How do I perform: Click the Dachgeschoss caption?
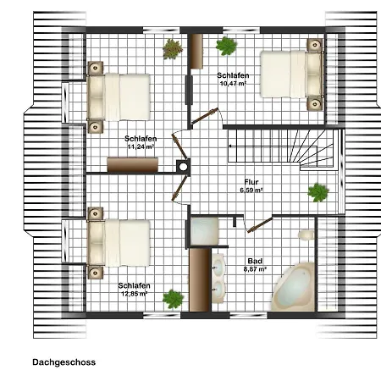[x=64, y=362]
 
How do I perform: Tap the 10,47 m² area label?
[x=233, y=83]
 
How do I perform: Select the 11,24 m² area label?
[x=141, y=146]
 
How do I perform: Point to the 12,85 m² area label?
[x=135, y=294]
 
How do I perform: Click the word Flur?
[x=251, y=182]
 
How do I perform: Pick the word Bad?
[x=255, y=261]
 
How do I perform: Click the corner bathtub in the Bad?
[x=293, y=287]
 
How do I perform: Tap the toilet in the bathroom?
[x=306, y=235]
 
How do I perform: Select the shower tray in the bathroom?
[x=204, y=231]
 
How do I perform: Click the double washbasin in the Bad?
[x=218, y=279]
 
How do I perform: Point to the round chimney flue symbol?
[x=183, y=167]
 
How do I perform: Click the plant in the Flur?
[x=318, y=192]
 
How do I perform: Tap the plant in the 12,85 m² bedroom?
[x=173, y=299]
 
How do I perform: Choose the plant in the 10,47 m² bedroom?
[x=226, y=46]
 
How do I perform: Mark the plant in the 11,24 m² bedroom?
[x=173, y=49]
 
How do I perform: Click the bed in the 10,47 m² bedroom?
[x=291, y=75]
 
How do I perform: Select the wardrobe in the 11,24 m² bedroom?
[x=132, y=165]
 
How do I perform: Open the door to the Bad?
[x=260, y=225]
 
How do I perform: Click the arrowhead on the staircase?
[x=230, y=146]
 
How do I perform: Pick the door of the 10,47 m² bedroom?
[x=205, y=116]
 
